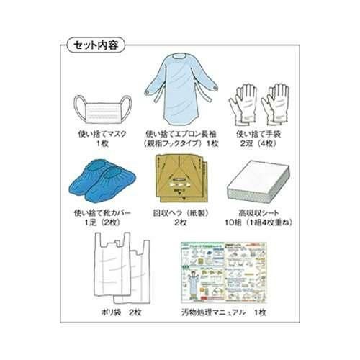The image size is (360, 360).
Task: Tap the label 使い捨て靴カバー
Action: [101, 212]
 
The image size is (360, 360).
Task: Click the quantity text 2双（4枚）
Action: [257, 144]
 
